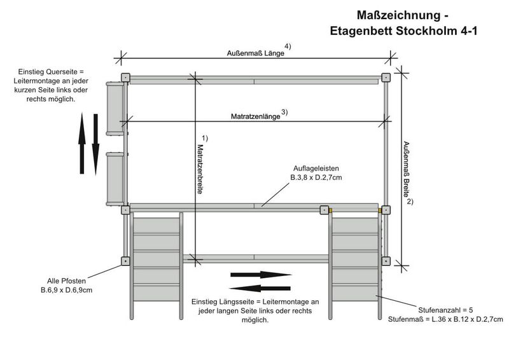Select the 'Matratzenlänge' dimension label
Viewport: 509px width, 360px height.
click(254, 117)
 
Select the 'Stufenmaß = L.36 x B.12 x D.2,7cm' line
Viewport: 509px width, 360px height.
click(445, 319)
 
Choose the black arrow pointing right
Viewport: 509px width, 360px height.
click(260, 275)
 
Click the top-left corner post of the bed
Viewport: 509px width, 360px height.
click(125, 78)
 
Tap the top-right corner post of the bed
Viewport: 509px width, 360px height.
click(386, 78)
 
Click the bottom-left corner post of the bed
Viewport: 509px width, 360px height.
click(125, 261)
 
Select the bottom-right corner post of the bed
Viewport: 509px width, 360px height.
click(386, 261)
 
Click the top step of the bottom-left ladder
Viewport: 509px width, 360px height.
click(156, 225)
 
